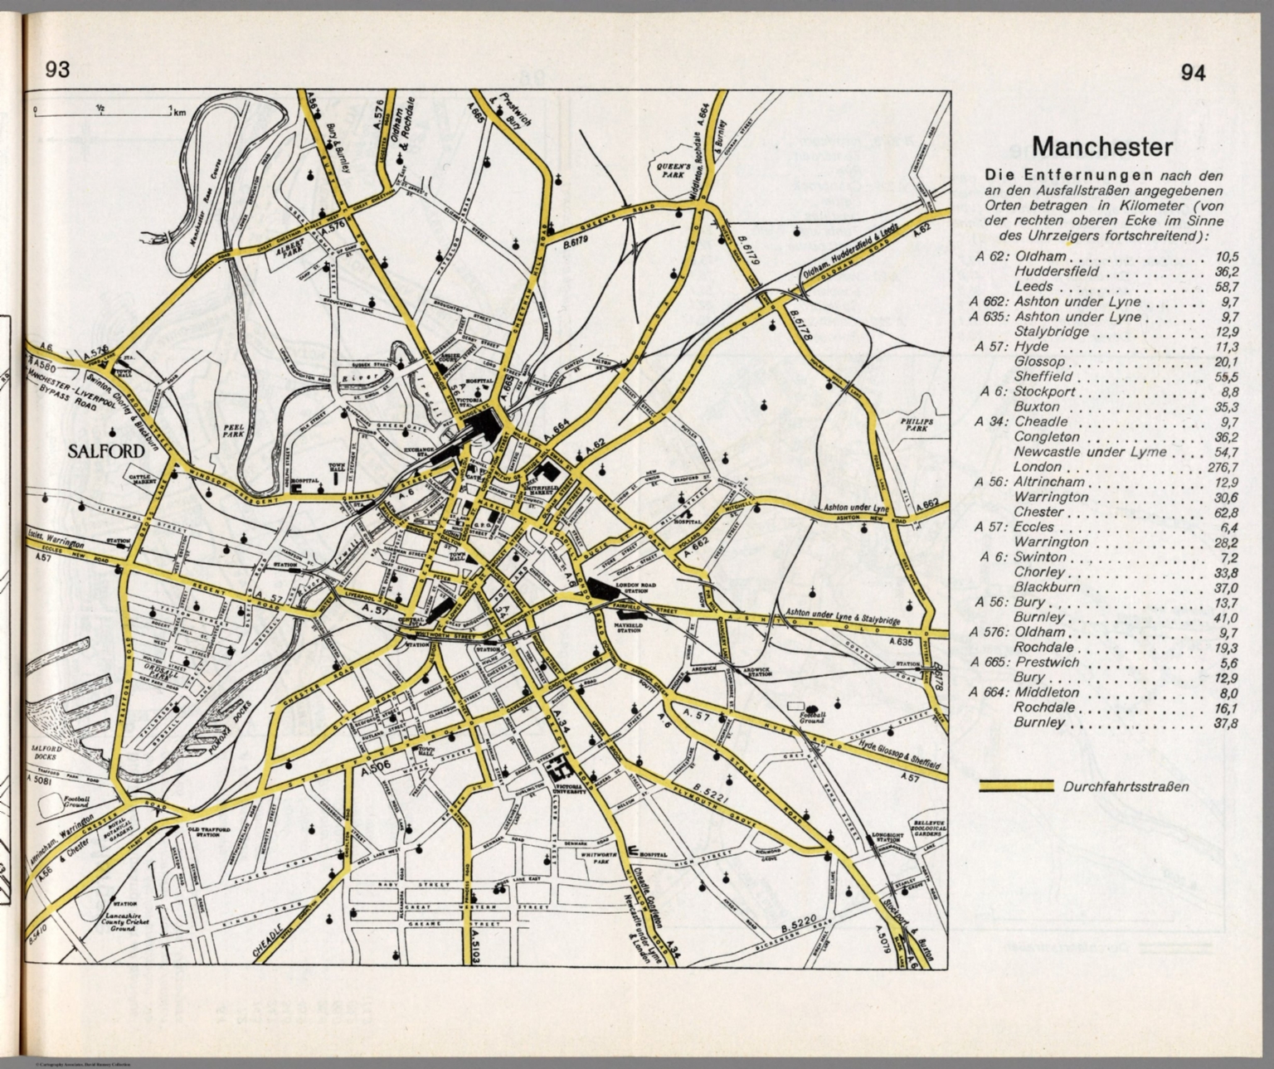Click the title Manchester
tap(1101, 148)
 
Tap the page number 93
tap(58, 70)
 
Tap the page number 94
tap(1193, 73)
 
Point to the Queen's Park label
tap(669, 171)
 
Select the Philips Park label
tap(916, 426)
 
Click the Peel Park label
tap(231, 430)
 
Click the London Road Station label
tap(636, 588)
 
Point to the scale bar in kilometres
tap(102, 110)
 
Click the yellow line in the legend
tap(1016, 786)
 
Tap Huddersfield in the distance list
tap(1056, 271)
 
